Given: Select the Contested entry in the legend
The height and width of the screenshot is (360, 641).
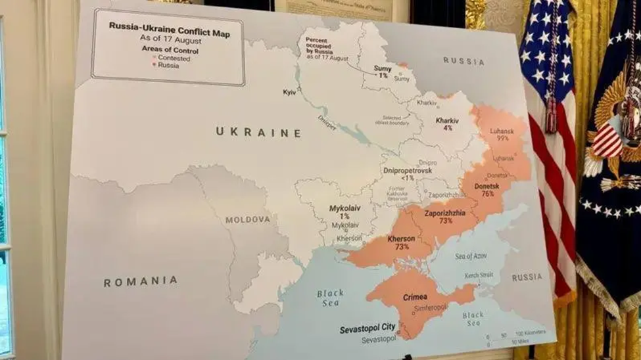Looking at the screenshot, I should tap(173, 58).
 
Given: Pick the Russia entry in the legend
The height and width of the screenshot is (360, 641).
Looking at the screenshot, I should tap(168, 66).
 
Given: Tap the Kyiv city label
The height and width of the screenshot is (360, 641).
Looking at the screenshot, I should tap(289, 92).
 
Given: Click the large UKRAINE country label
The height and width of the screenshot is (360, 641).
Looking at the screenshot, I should tap(258, 132).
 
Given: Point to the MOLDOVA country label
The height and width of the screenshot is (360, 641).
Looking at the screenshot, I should tap(247, 219).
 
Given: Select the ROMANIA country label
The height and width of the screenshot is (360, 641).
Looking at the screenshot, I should tap(140, 281).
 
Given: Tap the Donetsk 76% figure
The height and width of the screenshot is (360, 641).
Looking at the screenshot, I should tap(487, 190).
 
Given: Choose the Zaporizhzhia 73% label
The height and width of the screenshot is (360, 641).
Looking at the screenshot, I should tap(445, 217).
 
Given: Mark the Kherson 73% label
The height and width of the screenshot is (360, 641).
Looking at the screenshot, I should tap(402, 242).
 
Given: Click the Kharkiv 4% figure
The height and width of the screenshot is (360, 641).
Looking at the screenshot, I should tap(447, 124).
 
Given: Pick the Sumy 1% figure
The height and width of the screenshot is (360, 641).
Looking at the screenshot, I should tap(383, 71).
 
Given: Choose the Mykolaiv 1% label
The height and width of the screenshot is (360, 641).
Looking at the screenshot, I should tap(344, 212).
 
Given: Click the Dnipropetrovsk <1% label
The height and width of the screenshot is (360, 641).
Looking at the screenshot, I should tap(407, 173).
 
